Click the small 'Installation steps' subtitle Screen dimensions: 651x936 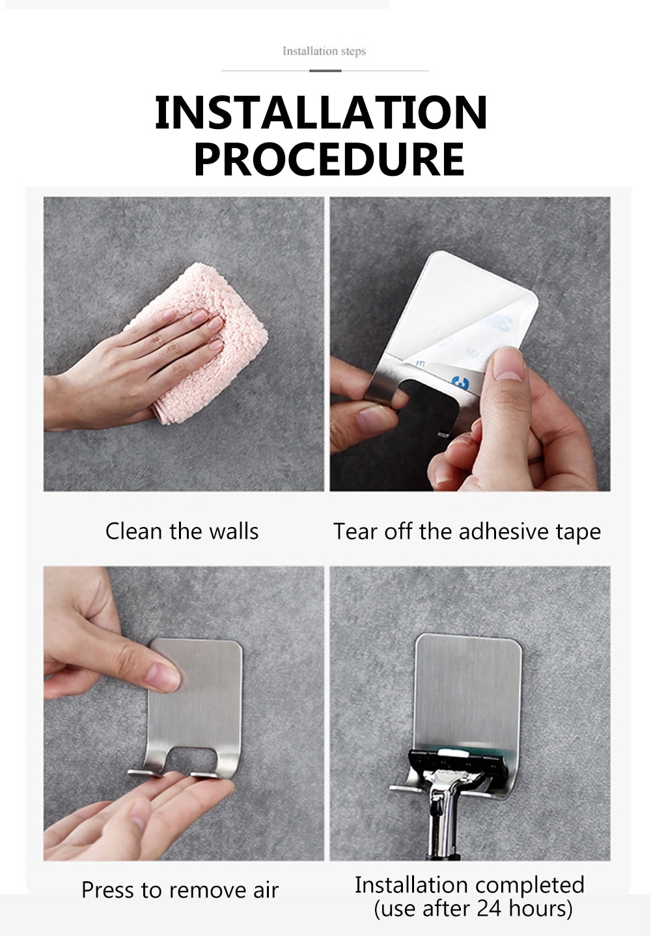[x=324, y=51]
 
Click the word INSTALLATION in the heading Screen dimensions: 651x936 [x=321, y=112]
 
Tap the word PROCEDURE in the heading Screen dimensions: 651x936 [x=329, y=159]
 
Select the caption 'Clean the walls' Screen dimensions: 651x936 [x=182, y=531]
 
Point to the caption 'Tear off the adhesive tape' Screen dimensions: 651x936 [x=467, y=532]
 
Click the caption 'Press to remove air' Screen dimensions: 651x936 [x=180, y=890]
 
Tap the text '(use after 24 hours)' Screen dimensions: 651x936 [x=473, y=909]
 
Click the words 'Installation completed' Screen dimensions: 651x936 [x=469, y=885]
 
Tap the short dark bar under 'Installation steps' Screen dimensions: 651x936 [x=325, y=70]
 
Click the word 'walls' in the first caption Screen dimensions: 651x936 [x=234, y=531]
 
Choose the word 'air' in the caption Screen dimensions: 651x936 [x=266, y=890]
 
